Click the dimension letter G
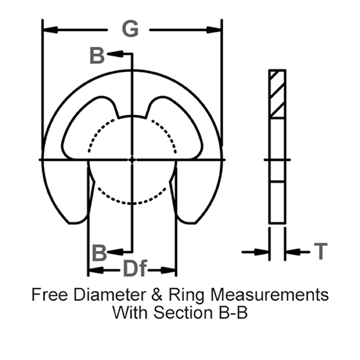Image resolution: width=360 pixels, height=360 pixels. point(130,29)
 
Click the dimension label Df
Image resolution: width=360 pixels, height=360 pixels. point(134,270)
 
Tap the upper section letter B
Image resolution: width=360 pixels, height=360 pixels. point(97,55)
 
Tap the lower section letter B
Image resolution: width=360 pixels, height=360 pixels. point(99,253)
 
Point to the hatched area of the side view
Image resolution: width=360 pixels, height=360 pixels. point(277,94)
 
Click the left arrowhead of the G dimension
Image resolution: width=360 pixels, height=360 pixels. point(48,29)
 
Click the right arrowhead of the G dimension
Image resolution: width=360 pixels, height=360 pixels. point(216,29)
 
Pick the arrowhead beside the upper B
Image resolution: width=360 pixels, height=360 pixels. point(113,55)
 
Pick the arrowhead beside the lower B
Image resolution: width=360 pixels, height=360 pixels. point(115,251)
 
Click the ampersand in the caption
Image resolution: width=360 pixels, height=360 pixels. point(145,295)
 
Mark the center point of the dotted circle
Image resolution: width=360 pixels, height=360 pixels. point(132,159)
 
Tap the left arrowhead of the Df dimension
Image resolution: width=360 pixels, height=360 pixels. point(93,271)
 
